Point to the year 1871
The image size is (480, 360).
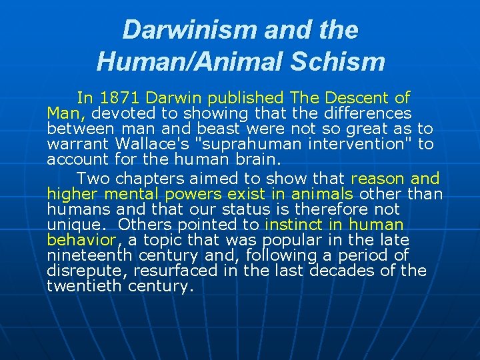click(x=121, y=99)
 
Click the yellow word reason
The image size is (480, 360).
click(x=377, y=179)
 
